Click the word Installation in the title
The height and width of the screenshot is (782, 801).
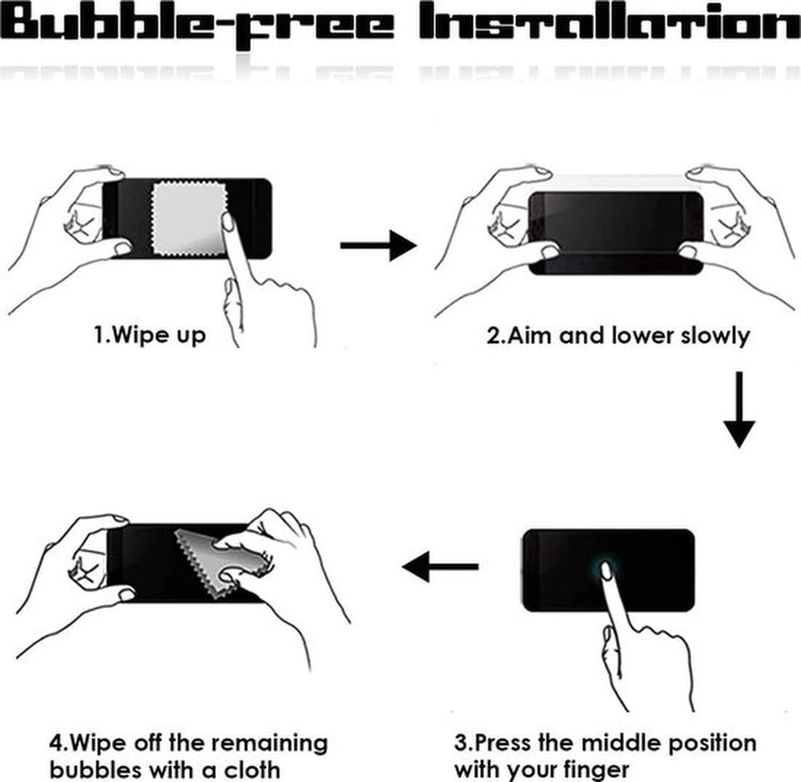(x=610, y=21)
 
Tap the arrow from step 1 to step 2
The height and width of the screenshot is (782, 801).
(x=379, y=245)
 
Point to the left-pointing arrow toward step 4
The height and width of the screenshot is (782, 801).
(x=441, y=566)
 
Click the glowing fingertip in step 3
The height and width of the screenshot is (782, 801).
(x=607, y=571)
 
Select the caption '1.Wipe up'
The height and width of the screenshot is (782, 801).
(x=150, y=336)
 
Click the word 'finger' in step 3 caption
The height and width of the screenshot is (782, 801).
(x=596, y=769)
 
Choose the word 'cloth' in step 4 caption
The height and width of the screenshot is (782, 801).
(x=252, y=769)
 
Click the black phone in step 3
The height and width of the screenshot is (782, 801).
(x=609, y=571)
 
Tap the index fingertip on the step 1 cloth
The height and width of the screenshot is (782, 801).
(x=228, y=221)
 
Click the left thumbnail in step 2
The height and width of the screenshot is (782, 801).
(x=550, y=253)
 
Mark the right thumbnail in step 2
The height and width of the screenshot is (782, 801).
(x=687, y=251)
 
